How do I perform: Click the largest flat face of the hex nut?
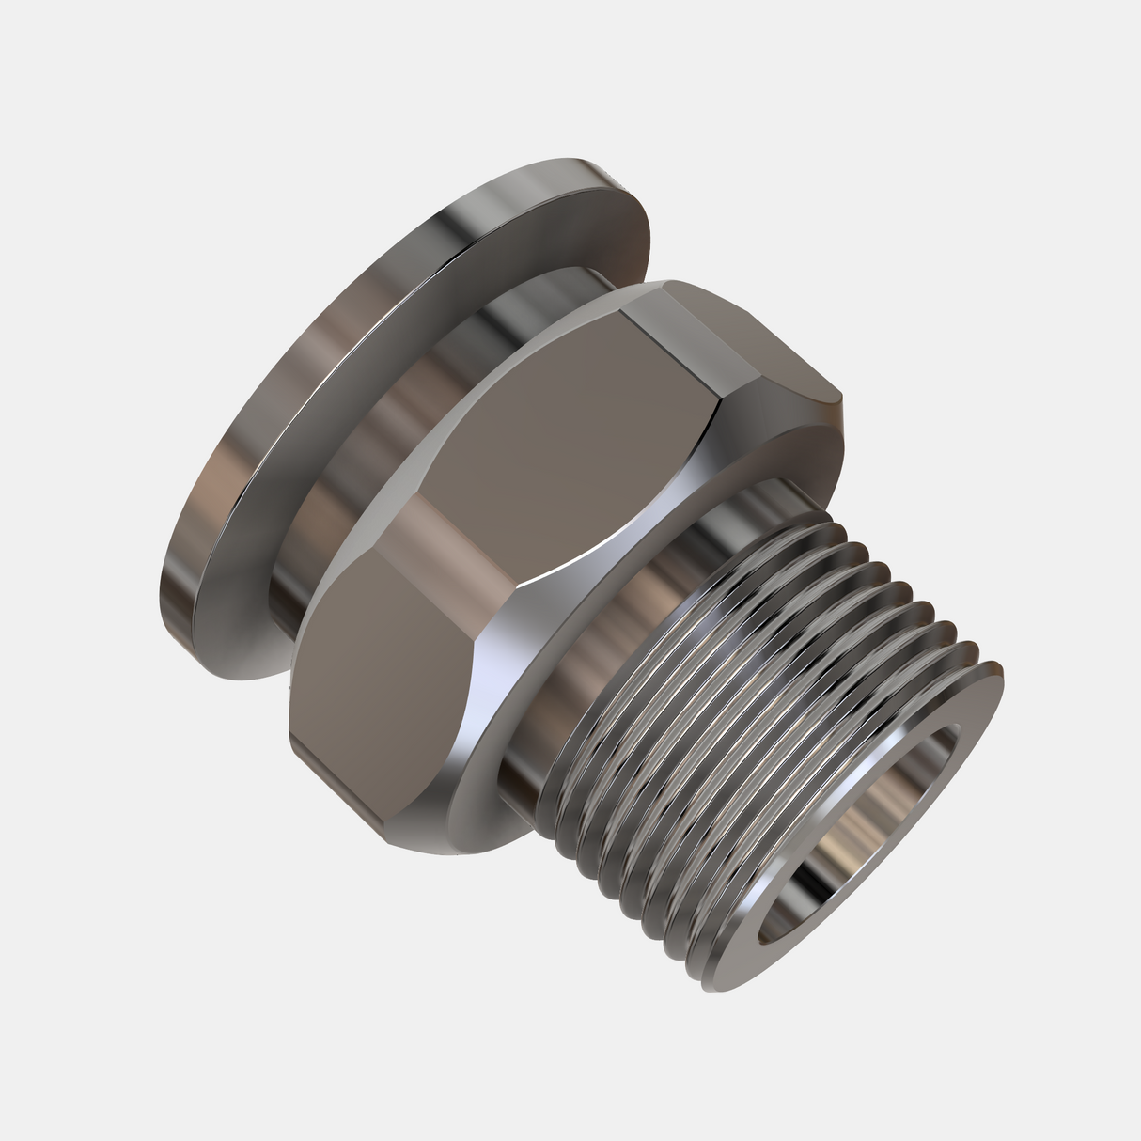[x=564, y=442]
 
